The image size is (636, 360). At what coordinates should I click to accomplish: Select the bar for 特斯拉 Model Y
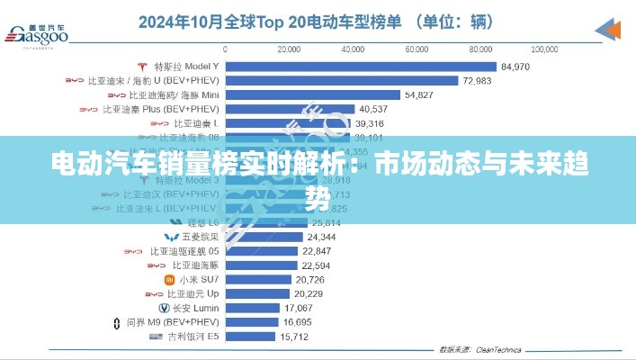click(x=360, y=66)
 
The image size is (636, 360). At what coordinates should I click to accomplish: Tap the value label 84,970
click(x=516, y=67)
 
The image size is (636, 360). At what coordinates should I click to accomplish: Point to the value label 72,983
click(x=477, y=81)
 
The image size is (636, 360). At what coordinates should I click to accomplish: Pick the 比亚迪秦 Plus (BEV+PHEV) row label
click(x=160, y=109)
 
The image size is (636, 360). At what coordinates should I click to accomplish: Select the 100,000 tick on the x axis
click(x=546, y=48)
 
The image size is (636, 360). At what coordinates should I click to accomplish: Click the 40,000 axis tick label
click(x=354, y=48)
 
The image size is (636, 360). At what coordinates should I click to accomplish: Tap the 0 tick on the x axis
click(x=225, y=48)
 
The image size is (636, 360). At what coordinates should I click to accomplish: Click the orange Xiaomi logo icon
click(x=169, y=280)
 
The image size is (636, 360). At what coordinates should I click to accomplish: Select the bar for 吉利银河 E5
click(x=251, y=337)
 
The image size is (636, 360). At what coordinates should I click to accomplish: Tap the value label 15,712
click(x=295, y=337)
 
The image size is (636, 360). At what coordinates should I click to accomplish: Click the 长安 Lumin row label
click(x=188, y=308)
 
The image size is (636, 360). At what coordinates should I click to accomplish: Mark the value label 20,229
click(x=308, y=294)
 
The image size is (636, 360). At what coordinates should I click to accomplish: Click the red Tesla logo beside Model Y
click(x=142, y=67)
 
